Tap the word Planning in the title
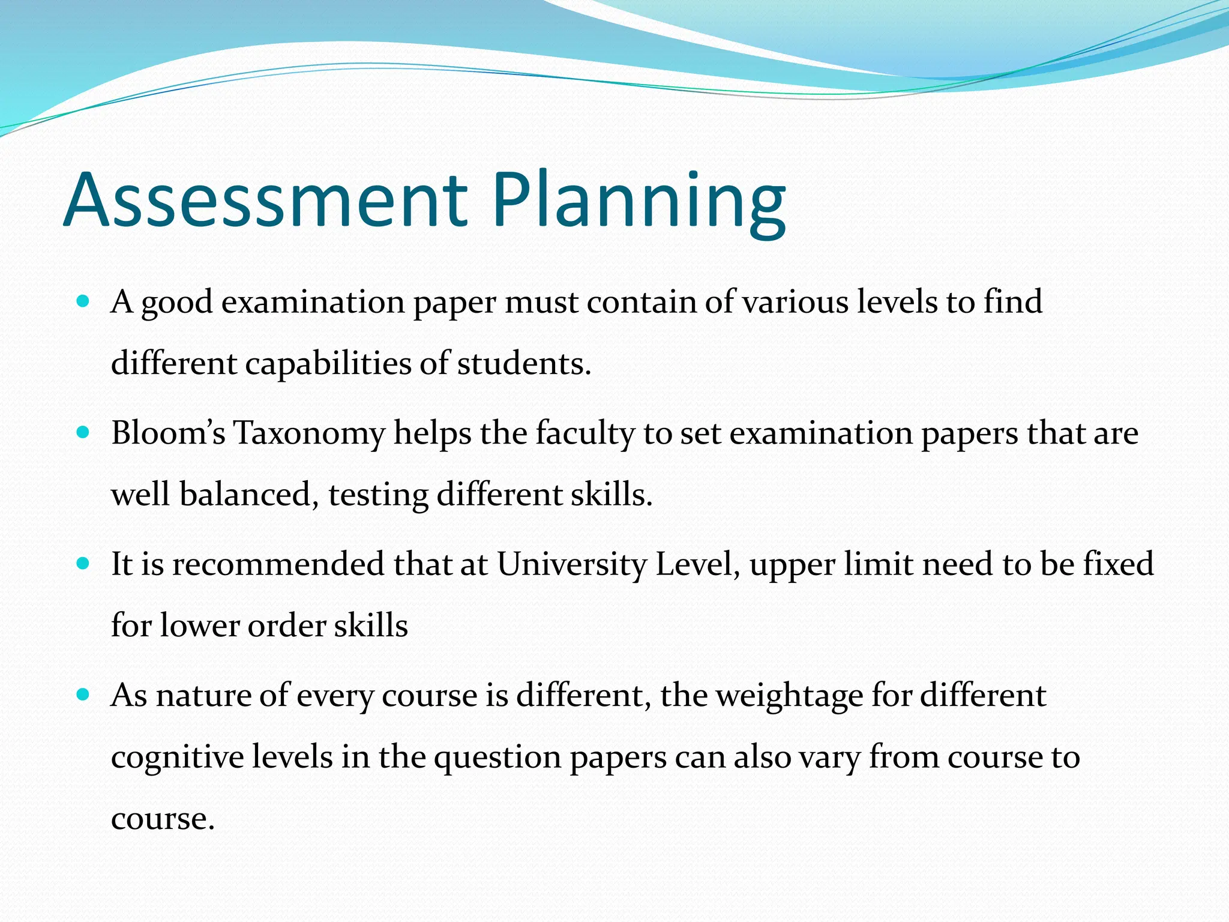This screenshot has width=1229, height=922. tap(639, 202)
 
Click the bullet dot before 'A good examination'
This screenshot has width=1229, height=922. tap(83, 300)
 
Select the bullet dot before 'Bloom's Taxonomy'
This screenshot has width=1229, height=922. tap(83, 432)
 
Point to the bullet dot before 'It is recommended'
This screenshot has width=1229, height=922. tap(83, 563)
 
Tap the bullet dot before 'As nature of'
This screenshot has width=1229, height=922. tap(83, 695)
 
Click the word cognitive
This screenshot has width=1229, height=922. tap(178, 758)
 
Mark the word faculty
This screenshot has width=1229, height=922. tap(585, 434)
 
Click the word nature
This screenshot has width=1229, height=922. tap(203, 696)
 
